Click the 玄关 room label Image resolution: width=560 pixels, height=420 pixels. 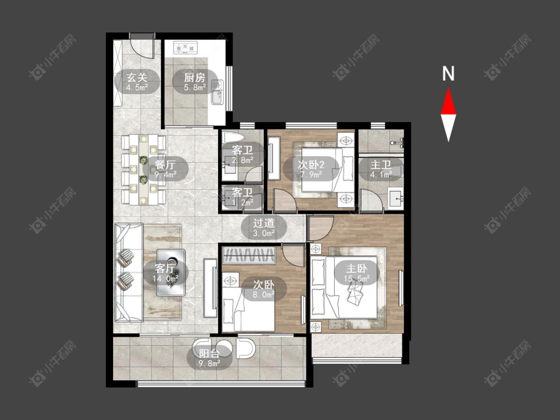(137, 78)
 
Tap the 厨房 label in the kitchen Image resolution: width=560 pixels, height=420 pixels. (195, 78)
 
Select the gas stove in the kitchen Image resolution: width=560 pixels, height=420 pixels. (186, 47)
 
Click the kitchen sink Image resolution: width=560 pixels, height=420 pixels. (217, 92)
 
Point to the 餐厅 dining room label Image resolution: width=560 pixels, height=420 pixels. (165, 165)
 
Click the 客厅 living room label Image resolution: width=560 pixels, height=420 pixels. (165, 268)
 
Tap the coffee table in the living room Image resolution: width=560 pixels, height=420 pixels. (171, 273)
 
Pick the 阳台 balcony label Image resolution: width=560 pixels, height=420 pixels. (209, 354)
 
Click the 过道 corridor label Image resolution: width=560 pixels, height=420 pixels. (264, 223)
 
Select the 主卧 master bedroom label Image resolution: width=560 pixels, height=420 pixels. (356, 268)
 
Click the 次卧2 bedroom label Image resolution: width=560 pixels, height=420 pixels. (311, 165)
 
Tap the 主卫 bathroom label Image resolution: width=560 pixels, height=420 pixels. (381, 165)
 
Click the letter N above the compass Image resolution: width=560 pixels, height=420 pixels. (448, 74)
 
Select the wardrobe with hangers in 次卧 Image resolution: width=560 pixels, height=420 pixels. (248, 255)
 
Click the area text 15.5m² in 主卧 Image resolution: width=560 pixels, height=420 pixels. (356, 278)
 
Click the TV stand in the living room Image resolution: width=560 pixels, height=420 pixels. (211, 288)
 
